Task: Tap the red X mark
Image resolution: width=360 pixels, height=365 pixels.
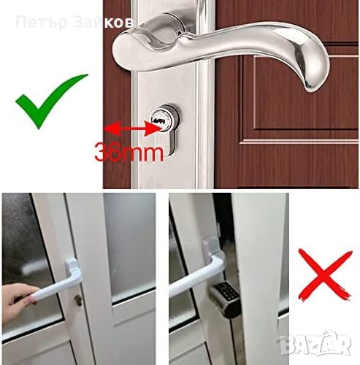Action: pyautogui.click(x=325, y=275)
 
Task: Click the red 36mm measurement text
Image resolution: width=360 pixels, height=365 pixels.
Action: pyautogui.click(x=129, y=152)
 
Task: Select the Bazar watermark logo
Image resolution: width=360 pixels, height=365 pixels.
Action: pyautogui.click(x=315, y=342)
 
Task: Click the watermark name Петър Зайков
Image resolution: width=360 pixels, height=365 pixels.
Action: pyautogui.click(x=74, y=23)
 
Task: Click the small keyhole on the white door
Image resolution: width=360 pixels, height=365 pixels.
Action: pyautogui.click(x=78, y=301)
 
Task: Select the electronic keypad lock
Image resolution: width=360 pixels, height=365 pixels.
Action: pyautogui.click(x=225, y=297)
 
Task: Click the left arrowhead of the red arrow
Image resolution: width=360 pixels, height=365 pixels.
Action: pyautogui.click(x=112, y=128)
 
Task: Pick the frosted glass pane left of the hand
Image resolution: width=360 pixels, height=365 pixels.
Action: pyautogui.click(x=27, y=263)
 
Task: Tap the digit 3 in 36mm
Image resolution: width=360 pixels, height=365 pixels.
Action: pyautogui.click(x=102, y=153)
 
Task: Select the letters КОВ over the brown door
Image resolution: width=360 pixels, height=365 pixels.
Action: pyautogui.click(x=119, y=23)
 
